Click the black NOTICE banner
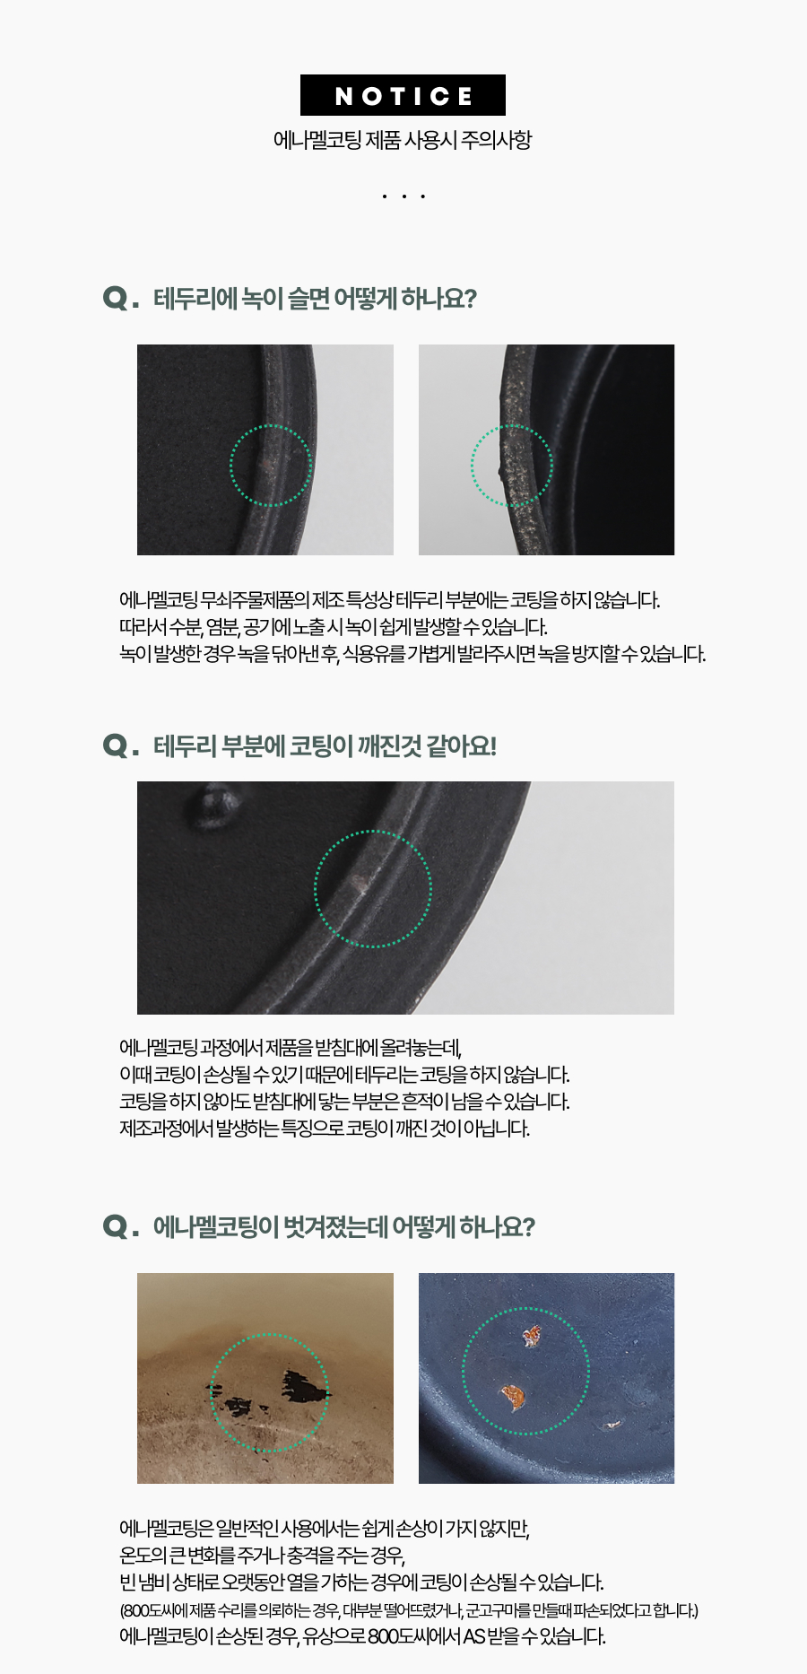403,95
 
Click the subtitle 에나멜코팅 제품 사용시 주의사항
403,140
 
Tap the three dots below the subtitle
403,196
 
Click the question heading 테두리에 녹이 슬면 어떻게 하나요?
315,298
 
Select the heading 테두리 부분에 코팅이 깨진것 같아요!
325,745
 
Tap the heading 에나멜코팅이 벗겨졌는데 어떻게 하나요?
344,1226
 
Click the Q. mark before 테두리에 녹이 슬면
121,298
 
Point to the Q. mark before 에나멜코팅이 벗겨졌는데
121,1226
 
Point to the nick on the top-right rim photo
501,470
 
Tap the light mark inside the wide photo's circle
360,883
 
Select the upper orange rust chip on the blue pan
532,1337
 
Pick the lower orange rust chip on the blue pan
512,1396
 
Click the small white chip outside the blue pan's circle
613,1423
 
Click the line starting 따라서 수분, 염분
334,626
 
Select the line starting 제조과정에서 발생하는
325,1128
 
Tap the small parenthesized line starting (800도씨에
409,1610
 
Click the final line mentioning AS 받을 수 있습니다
363,1636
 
